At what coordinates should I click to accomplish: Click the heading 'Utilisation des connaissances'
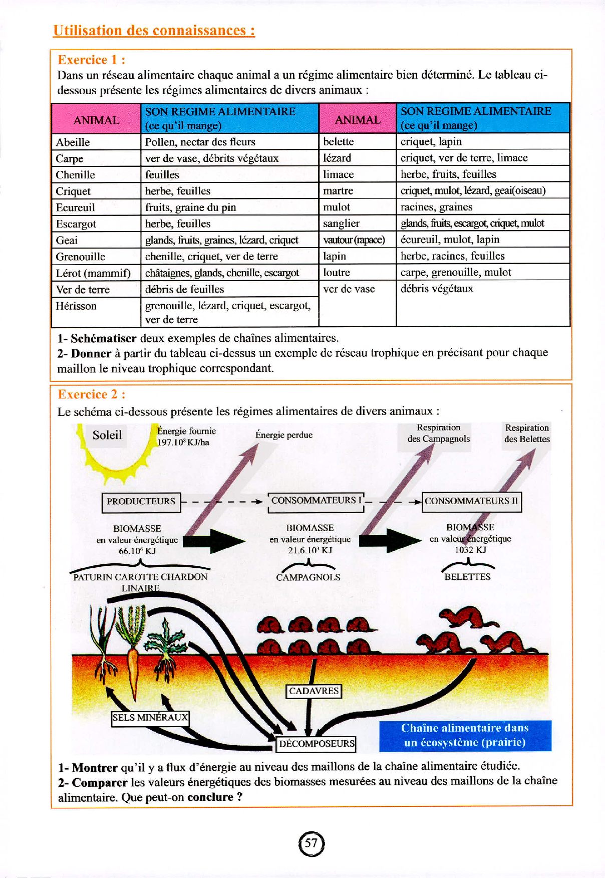click(154, 31)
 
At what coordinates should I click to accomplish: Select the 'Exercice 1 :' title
click(92, 60)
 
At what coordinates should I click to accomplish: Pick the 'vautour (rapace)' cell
click(354, 240)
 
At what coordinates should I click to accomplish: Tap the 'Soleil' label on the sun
click(107, 435)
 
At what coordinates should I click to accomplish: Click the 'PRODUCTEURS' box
click(141, 502)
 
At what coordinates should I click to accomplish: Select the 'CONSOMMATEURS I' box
click(316, 501)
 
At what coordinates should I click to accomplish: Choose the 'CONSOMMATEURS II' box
click(471, 501)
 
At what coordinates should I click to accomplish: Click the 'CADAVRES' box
click(314, 691)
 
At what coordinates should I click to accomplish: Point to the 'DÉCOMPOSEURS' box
click(317, 744)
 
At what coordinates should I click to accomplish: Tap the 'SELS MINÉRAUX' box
click(150, 718)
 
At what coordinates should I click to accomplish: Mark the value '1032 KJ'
click(470, 550)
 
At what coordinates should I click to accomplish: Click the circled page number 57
click(312, 843)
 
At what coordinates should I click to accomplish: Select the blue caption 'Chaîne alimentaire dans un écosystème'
click(465, 735)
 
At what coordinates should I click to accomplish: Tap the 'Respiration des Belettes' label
click(527, 433)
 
